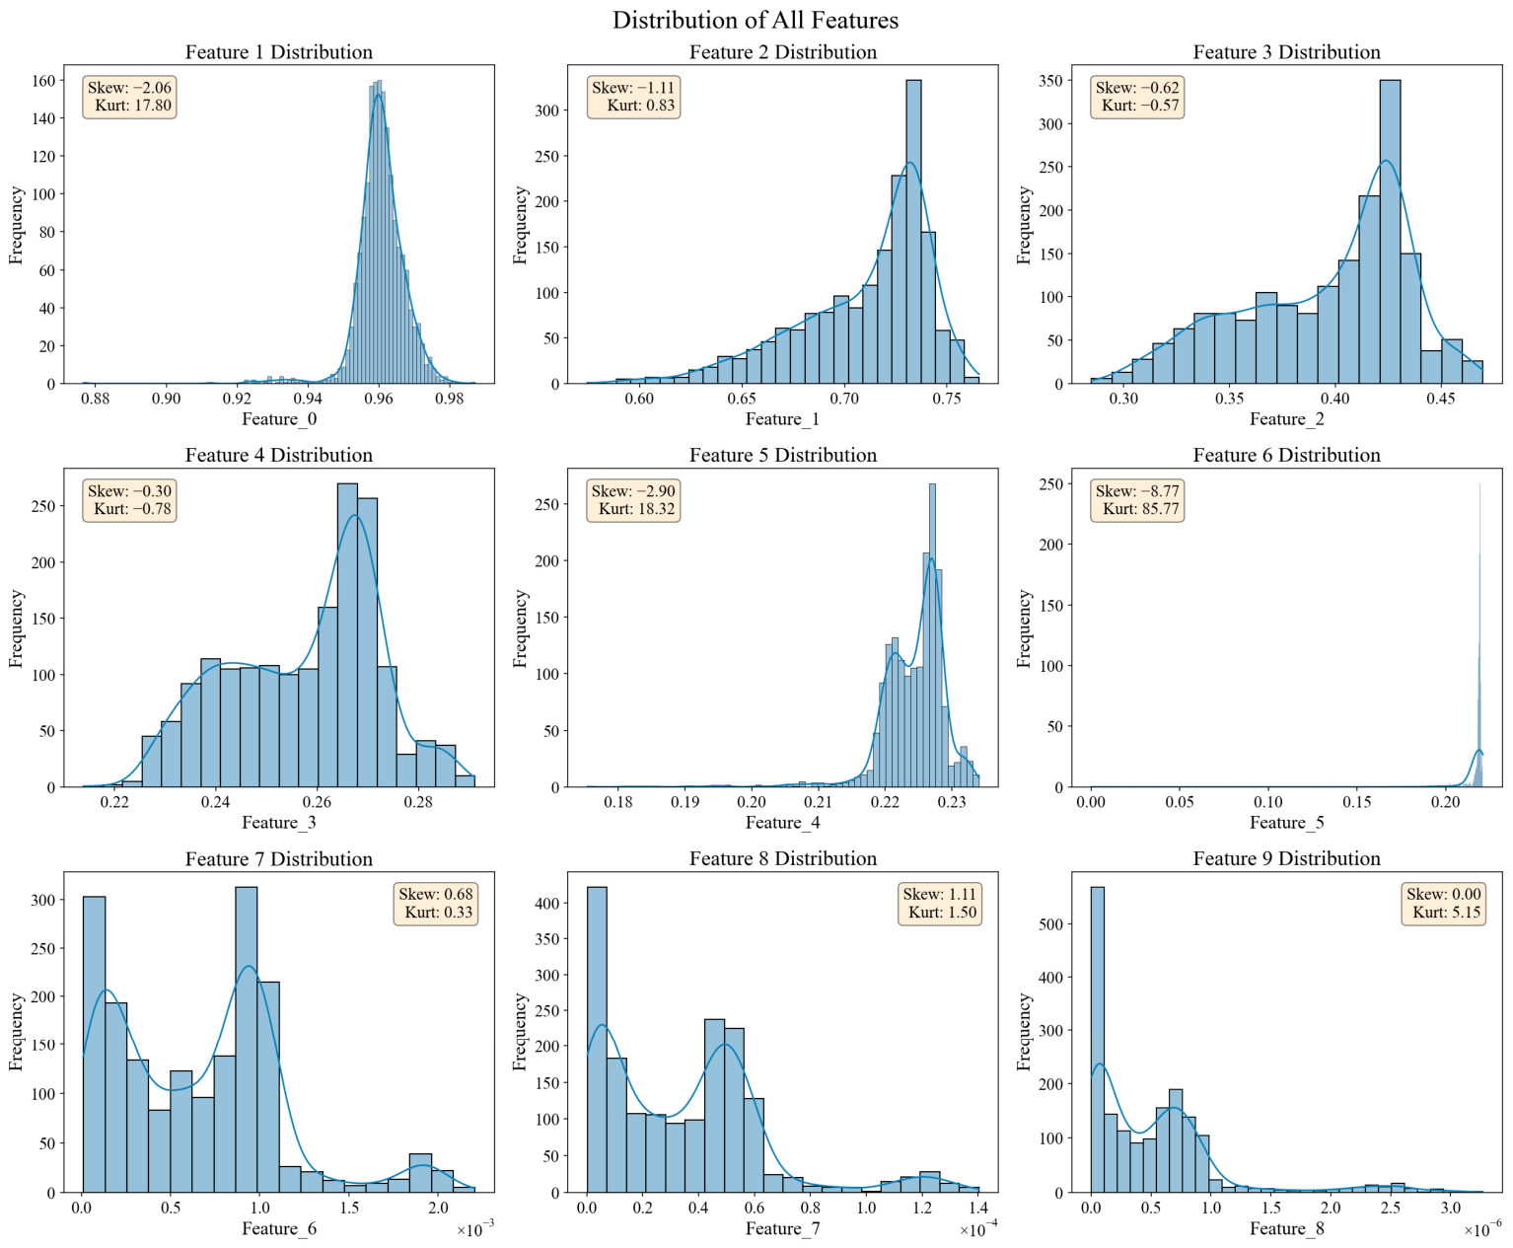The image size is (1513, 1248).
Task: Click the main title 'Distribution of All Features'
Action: point(756,20)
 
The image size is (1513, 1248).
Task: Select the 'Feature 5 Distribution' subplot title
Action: point(782,455)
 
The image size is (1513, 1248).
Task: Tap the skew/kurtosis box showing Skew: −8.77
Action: point(1137,499)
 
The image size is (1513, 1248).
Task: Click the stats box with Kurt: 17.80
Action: point(130,97)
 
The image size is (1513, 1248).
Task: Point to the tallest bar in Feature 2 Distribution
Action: point(913,231)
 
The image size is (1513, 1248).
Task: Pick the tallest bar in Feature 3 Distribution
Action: point(1390,231)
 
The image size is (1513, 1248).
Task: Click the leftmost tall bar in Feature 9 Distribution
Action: point(1097,1039)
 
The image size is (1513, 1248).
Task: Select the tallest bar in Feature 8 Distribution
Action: point(597,1039)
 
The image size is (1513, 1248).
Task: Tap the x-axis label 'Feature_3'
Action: point(279,822)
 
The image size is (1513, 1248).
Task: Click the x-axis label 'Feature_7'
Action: point(782,1227)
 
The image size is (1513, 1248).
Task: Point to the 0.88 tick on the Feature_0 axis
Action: point(95,399)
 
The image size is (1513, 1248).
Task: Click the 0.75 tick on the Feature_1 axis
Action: point(947,399)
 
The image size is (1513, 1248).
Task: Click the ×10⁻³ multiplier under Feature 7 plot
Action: point(476,1230)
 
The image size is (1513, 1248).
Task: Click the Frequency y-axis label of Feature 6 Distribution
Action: point(1023,627)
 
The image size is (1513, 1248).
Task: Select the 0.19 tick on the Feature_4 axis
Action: point(684,801)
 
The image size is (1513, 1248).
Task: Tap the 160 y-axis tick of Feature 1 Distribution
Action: point(43,81)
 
